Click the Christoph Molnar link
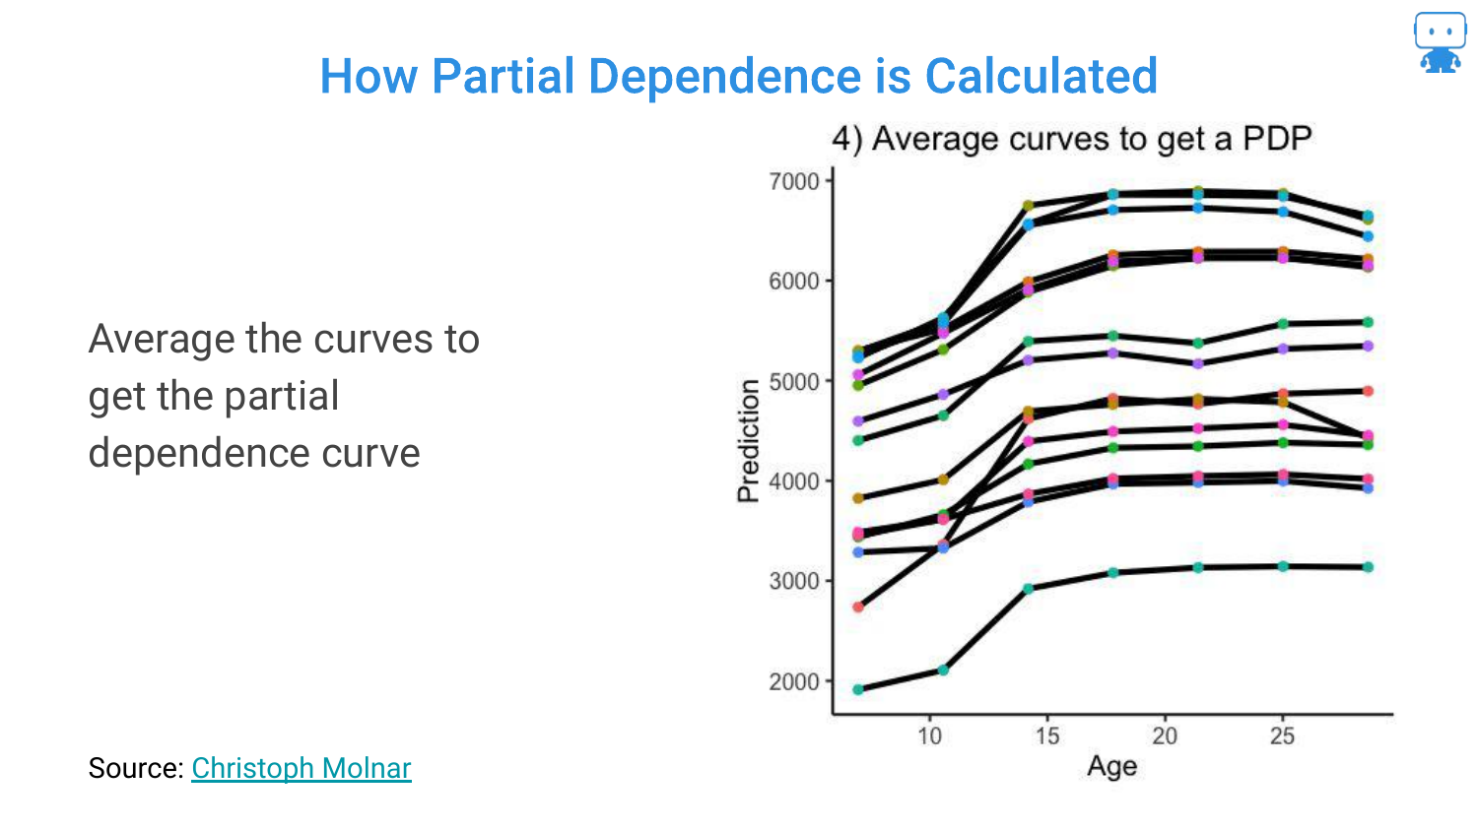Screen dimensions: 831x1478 pos(301,768)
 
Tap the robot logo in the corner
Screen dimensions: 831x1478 pos(1440,42)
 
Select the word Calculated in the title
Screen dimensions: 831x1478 pos(1041,76)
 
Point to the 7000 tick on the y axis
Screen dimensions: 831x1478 pos(794,181)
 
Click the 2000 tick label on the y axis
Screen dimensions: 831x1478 pos(794,681)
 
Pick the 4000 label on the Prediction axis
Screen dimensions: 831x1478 pos(794,481)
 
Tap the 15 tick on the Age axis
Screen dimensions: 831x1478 pos(1046,735)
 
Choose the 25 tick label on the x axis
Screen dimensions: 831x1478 pos(1282,735)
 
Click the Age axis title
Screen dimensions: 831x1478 pos(1111,766)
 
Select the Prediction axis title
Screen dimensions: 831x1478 pos(749,440)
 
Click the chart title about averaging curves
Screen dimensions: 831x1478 pos(1071,139)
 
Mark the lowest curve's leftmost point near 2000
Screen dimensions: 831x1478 pos(858,689)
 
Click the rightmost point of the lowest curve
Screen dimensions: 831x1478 pos(1368,567)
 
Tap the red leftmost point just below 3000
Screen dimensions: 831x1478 pos(858,607)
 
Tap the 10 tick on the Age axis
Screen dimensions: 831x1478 pos(929,735)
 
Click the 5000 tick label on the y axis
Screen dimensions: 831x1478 pos(794,381)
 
